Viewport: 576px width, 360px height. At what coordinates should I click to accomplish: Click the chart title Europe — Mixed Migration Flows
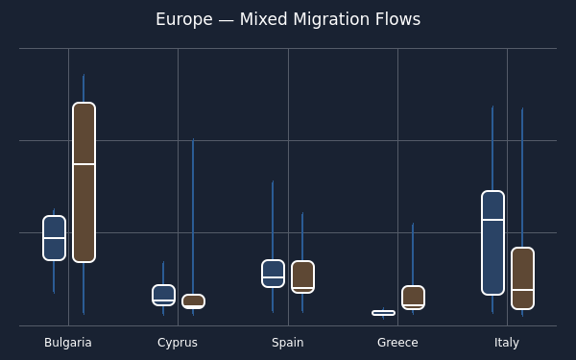coord(288,19)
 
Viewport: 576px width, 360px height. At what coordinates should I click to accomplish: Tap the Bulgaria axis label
coord(68,343)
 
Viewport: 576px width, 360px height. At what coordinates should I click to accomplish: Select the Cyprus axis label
coord(178,343)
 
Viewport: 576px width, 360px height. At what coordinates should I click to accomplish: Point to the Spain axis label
coord(288,343)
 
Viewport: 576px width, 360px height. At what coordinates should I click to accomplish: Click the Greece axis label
coord(397,343)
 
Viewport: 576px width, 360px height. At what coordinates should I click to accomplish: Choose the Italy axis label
coord(507,343)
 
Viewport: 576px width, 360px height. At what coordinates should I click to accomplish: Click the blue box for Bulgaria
coord(54,238)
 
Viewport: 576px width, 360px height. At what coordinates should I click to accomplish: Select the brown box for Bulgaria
coord(84,182)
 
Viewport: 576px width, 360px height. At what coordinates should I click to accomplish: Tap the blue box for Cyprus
coord(163,295)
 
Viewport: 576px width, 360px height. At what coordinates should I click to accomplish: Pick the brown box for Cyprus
coord(193,301)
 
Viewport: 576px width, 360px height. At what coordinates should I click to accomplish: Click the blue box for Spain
coord(273,274)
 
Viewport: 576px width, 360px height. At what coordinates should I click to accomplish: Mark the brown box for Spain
coord(302,277)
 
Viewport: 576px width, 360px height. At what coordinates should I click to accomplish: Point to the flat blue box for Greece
coord(383,313)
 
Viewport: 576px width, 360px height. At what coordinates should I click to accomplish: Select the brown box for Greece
coord(413,298)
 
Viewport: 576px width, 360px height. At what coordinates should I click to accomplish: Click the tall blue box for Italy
coord(492,243)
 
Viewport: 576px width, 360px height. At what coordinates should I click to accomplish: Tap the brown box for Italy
coord(522,278)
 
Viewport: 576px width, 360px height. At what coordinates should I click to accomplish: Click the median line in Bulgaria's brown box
coord(84,164)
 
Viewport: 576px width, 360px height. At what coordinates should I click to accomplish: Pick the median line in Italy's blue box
coord(492,220)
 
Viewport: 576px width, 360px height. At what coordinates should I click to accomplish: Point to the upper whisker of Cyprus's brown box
coord(193,216)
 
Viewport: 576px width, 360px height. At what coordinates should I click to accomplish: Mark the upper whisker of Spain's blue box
coord(273,220)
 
